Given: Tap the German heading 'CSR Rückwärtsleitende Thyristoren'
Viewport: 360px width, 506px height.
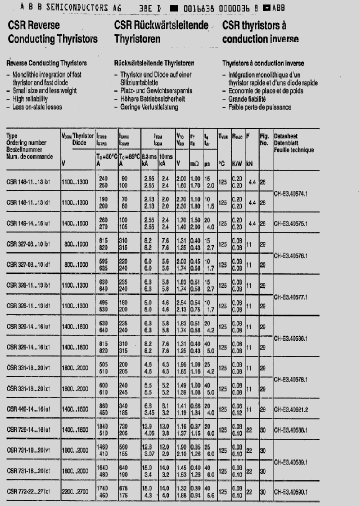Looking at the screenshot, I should (161, 32).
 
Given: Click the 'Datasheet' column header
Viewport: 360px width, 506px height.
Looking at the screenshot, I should (285, 136).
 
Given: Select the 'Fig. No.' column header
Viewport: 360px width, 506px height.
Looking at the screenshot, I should (264, 139).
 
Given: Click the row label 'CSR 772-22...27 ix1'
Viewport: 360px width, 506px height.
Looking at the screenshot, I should (29, 492).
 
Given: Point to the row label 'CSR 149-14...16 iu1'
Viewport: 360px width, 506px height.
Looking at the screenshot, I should (29, 223).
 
